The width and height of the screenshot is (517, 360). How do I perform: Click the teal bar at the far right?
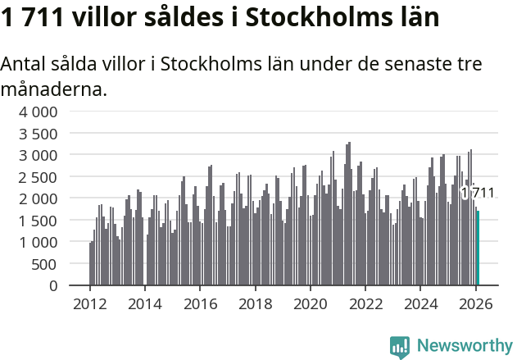click(x=478, y=248)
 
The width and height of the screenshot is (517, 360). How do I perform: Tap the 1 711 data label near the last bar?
click(x=478, y=193)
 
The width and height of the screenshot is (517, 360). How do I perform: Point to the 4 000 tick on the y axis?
click(x=39, y=112)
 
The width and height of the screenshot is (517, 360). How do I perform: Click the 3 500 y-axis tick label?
click(x=39, y=133)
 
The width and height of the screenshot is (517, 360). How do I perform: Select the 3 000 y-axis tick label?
click(x=39, y=155)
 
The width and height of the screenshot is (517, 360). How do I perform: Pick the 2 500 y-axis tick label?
click(x=39, y=177)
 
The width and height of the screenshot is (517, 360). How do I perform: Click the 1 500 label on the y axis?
click(x=39, y=221)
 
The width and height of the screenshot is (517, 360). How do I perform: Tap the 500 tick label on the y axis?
click(x=46, y=264)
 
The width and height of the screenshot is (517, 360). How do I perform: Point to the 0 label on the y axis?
click(x=53, y=286)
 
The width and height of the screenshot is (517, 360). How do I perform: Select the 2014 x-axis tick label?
click(x=144, y=304)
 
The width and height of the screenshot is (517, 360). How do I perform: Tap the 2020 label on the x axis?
click(x=310, y=304)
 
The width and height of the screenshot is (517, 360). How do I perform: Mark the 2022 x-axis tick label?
click(x=365, y=304)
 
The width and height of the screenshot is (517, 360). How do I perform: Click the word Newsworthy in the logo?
click(x=464, y=346)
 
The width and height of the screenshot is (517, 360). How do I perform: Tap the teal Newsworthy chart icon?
click(x=400, y=347)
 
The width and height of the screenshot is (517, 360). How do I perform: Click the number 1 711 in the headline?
click(x=34, y=17)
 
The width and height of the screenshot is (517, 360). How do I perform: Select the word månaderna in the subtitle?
click(x=53, y=89)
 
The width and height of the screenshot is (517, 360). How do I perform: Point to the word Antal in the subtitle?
click(x=25, y=64)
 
